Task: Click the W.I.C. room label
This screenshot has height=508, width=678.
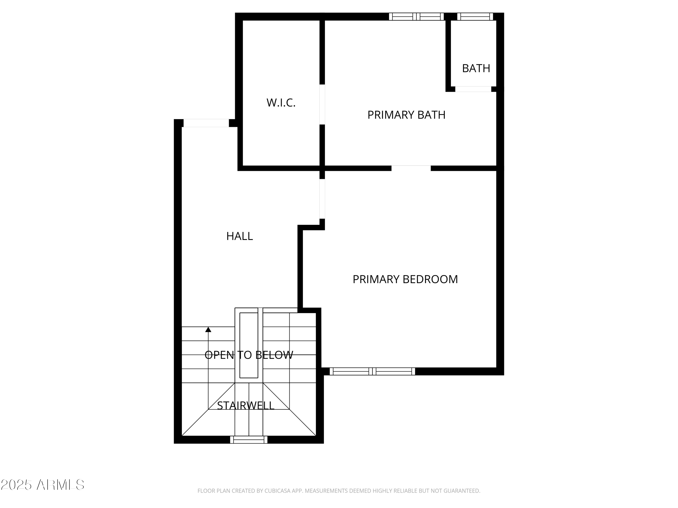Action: point(281,103)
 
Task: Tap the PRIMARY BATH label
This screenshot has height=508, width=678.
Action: point(406,115)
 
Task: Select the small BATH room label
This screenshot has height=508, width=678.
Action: point(476,68)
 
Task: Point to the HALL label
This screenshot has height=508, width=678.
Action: point(239,236)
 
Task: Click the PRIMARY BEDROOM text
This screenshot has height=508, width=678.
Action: point(405,279)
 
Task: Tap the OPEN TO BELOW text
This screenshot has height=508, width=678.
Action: point(249,355)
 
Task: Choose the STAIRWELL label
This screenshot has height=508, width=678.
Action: point(245,405)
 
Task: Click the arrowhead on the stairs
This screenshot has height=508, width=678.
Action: point(208,329)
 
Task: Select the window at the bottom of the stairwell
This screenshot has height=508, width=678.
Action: point(249,440)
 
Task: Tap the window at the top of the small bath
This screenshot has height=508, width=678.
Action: point(475,16)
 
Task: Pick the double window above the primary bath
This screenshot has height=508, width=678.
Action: point(416,16)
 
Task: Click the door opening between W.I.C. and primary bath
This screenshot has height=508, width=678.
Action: point(322,104)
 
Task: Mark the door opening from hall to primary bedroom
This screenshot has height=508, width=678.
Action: point(322,199)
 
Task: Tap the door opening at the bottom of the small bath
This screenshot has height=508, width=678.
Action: point(473,89)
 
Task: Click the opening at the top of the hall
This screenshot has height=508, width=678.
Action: point(206,123)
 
